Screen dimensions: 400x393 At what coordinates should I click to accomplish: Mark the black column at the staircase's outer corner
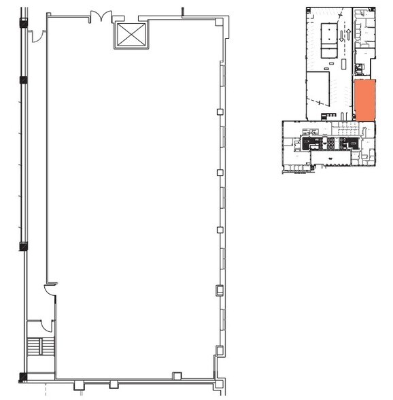(24, 376)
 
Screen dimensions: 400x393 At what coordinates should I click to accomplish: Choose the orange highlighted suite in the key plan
(364, 100)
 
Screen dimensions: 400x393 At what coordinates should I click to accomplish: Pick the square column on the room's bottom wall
(177, 376)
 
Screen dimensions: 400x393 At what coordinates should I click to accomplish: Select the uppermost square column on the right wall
(220, 112)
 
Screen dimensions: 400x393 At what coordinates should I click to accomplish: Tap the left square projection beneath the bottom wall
(79, 386)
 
